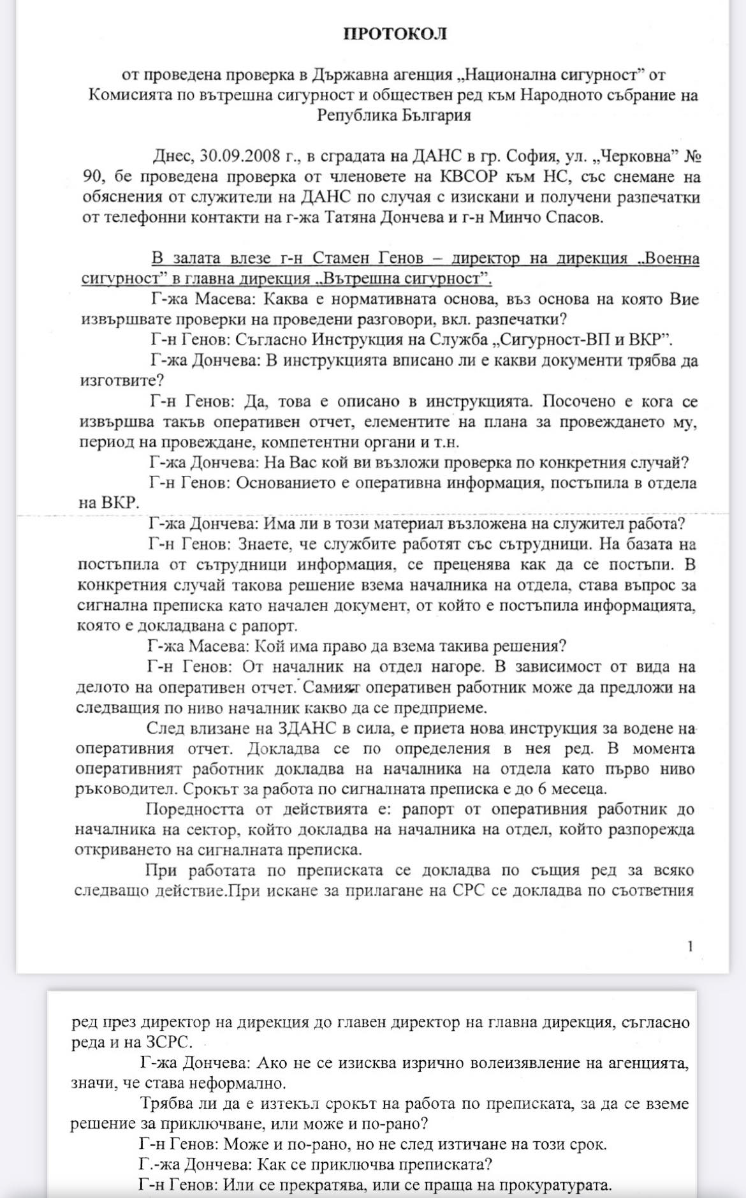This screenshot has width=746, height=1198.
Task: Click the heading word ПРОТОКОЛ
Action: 395,34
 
